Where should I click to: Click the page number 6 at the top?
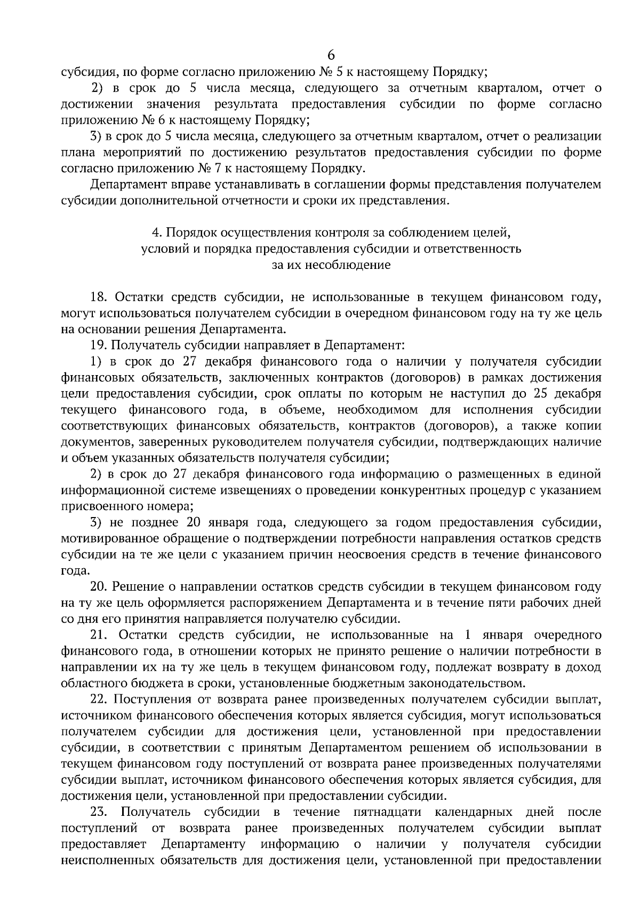(331, 54)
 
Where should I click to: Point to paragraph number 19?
(100, 345)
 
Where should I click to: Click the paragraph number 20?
(100, 587)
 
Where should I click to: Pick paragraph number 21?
(100, 635)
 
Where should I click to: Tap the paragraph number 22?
(100, 699)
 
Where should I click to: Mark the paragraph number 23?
(100, 812)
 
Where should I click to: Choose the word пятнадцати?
(387, 812)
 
